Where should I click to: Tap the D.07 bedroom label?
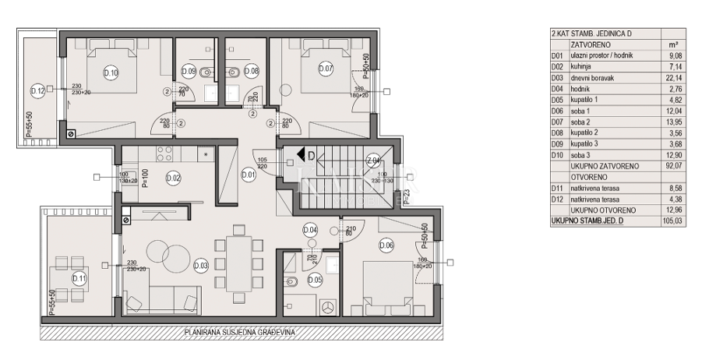coord(326,69)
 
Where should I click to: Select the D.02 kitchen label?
coord(173,178)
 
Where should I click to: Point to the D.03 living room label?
coord(200,266)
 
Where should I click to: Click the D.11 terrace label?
coord(79,277)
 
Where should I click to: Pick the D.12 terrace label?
coord(37,90)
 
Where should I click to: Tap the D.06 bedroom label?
coord(386,245)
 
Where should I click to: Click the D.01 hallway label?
coord(249,175)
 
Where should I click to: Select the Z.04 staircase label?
coord(373,161)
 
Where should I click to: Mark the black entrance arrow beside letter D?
coord(300,156)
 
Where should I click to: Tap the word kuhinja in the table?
coord(583,67)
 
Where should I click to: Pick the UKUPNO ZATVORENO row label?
coord(605,166)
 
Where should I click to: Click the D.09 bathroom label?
coord(189,71)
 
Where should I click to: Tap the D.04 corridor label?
coord(310,230)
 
